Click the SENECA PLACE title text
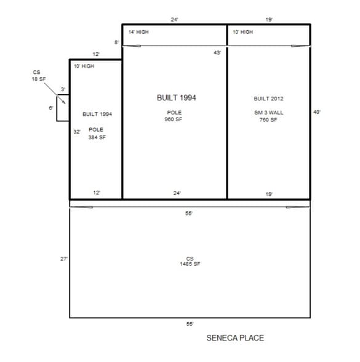(x=235, y=338)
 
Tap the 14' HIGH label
(x=138, y=32)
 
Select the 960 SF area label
(x=174, y=119)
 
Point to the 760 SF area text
(x=268, y=120)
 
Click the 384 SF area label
(x=97, y=137)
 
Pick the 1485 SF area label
(x=190, y=264)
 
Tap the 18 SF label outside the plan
(x=39, y=79)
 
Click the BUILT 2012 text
(x=268, y=99)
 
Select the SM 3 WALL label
(x=269, y=113)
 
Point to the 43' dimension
(x=217, y=53)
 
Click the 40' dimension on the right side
(x=317, y=112)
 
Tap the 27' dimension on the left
(x=64, y=259)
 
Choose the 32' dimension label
(x=77, y=132)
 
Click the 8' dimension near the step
(x=116, y=42)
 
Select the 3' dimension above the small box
(x=63, y=89)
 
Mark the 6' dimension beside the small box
(x=51, y=108)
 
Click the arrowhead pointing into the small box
(x=65, y=102)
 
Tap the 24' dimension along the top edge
(x=175, y=20)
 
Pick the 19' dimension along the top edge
(x=269, y=20)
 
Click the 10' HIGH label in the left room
(x=84, y=66)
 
